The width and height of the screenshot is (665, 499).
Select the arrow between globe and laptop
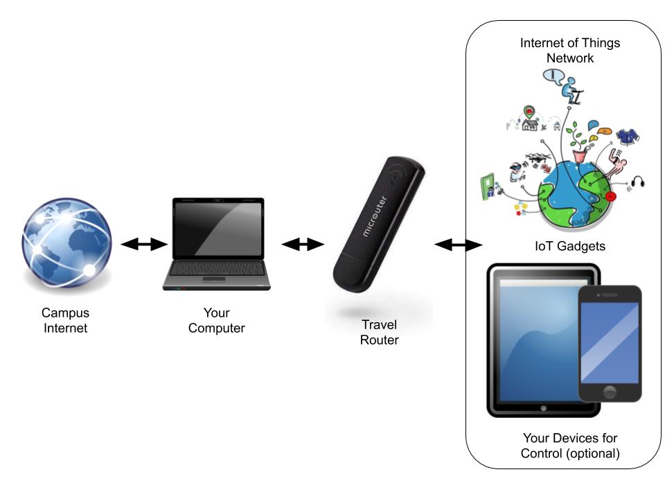pyautogui.click(x=144, y=244)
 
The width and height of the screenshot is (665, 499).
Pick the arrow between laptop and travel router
pyautogui.click(x=303, y=244)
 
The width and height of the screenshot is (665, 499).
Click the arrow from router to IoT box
pyautogui.click(x=458, y=245)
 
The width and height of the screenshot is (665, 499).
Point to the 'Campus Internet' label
pyautogui.click(x=66, y=321)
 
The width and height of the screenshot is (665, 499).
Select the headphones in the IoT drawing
pyautogui.click(x=639, y=183)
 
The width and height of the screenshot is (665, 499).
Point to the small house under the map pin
pyautogui.click(x=531, y=126)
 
